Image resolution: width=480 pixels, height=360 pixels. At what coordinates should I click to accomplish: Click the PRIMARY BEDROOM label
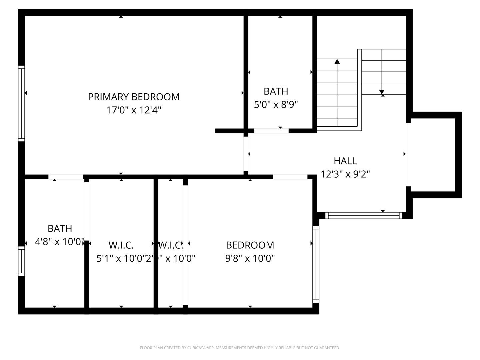coord(133,97)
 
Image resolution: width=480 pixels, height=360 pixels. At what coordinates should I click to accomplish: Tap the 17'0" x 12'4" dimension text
coord(133,110)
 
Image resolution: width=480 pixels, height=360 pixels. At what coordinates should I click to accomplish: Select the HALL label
coord(345,161)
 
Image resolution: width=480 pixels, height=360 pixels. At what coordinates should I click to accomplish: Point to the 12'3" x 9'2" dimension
coord(345,174)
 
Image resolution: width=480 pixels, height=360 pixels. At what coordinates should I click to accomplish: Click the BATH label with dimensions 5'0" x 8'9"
coord(276,91)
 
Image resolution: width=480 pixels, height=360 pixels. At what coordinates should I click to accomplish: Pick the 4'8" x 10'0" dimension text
coord(59,242)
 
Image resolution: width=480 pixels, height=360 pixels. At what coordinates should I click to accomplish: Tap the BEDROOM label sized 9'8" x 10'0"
coord(250,245)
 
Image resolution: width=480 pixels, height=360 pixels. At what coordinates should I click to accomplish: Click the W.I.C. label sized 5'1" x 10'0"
coord(121,245)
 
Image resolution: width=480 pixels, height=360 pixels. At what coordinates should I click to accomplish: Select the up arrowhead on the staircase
coord(337,61)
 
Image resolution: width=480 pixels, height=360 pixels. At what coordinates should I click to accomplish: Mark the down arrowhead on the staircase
coord(382,92)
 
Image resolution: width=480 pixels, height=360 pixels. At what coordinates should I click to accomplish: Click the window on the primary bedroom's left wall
coord(21,103)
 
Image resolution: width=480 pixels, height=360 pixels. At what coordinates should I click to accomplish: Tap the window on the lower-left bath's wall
coord(21,261)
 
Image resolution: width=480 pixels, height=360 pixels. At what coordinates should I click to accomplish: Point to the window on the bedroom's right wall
coord(315,264)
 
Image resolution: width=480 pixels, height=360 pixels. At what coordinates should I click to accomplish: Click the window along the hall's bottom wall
coord(364,216)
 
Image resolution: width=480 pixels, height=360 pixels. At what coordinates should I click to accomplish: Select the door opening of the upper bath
coord(271,131)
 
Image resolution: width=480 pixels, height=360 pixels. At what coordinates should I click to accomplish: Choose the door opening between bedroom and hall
coord(290,177)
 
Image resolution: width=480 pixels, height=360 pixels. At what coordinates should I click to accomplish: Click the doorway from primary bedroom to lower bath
coord(66,177)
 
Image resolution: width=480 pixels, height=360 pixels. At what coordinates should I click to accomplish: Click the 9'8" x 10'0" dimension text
coord(250,258)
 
